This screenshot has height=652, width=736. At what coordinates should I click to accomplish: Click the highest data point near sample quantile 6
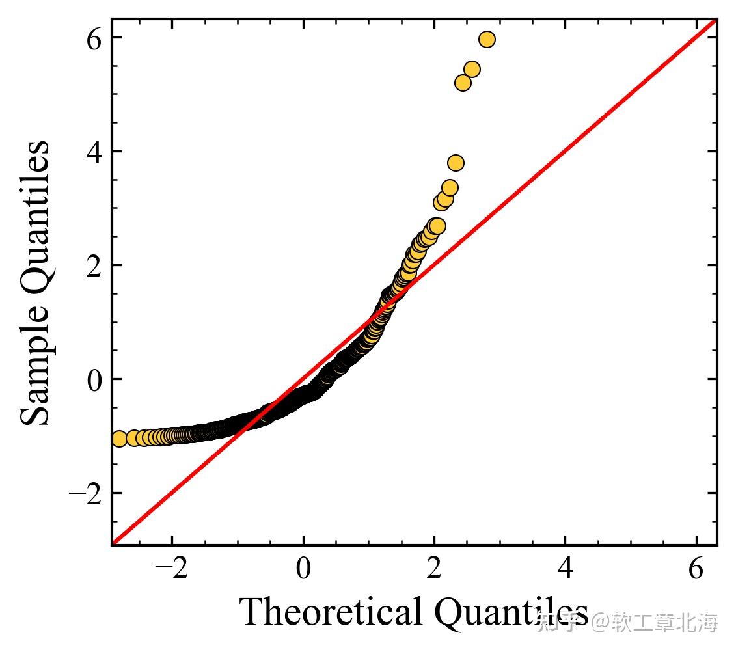[487, 40]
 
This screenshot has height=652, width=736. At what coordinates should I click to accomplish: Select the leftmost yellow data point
[119, 439]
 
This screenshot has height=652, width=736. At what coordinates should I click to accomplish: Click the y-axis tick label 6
[95, 39]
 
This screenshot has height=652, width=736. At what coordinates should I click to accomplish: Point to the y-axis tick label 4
[95, 152]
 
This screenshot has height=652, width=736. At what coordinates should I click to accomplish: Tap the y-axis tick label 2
[95, 266]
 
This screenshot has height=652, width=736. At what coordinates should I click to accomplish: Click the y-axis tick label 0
[95, 380]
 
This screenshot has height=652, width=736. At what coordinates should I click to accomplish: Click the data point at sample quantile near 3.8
[456, 163]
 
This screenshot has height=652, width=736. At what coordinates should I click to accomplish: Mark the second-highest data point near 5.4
[472, 69]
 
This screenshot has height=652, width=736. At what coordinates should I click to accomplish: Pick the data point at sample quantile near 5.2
[463, 83]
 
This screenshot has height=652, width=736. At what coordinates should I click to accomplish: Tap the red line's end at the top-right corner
[715, 21]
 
